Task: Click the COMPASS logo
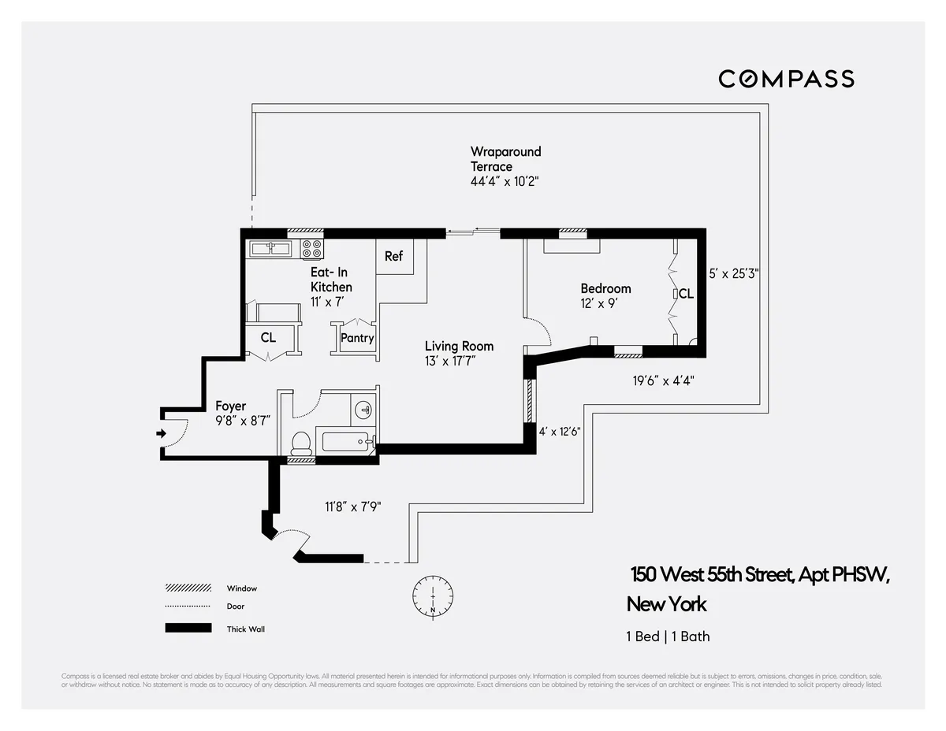[x=786, y=79]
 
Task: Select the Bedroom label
[x=605, y=288]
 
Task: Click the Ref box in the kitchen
[x=394, y=257]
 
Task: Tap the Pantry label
[x=357, y=338]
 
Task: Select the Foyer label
[x=230, y=406]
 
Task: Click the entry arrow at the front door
[x=161, y=433]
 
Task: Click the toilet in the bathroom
[x=301, y=443]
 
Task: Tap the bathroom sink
[x=363, y=410]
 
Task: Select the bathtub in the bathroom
[x=345, y=440]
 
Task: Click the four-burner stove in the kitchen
[x=312, y=249]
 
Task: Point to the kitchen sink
[x=271, y=249]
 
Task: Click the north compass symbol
[x=432, y=596]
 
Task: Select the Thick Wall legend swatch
[x=188, y=629]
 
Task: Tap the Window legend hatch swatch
[x=188, y=588]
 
